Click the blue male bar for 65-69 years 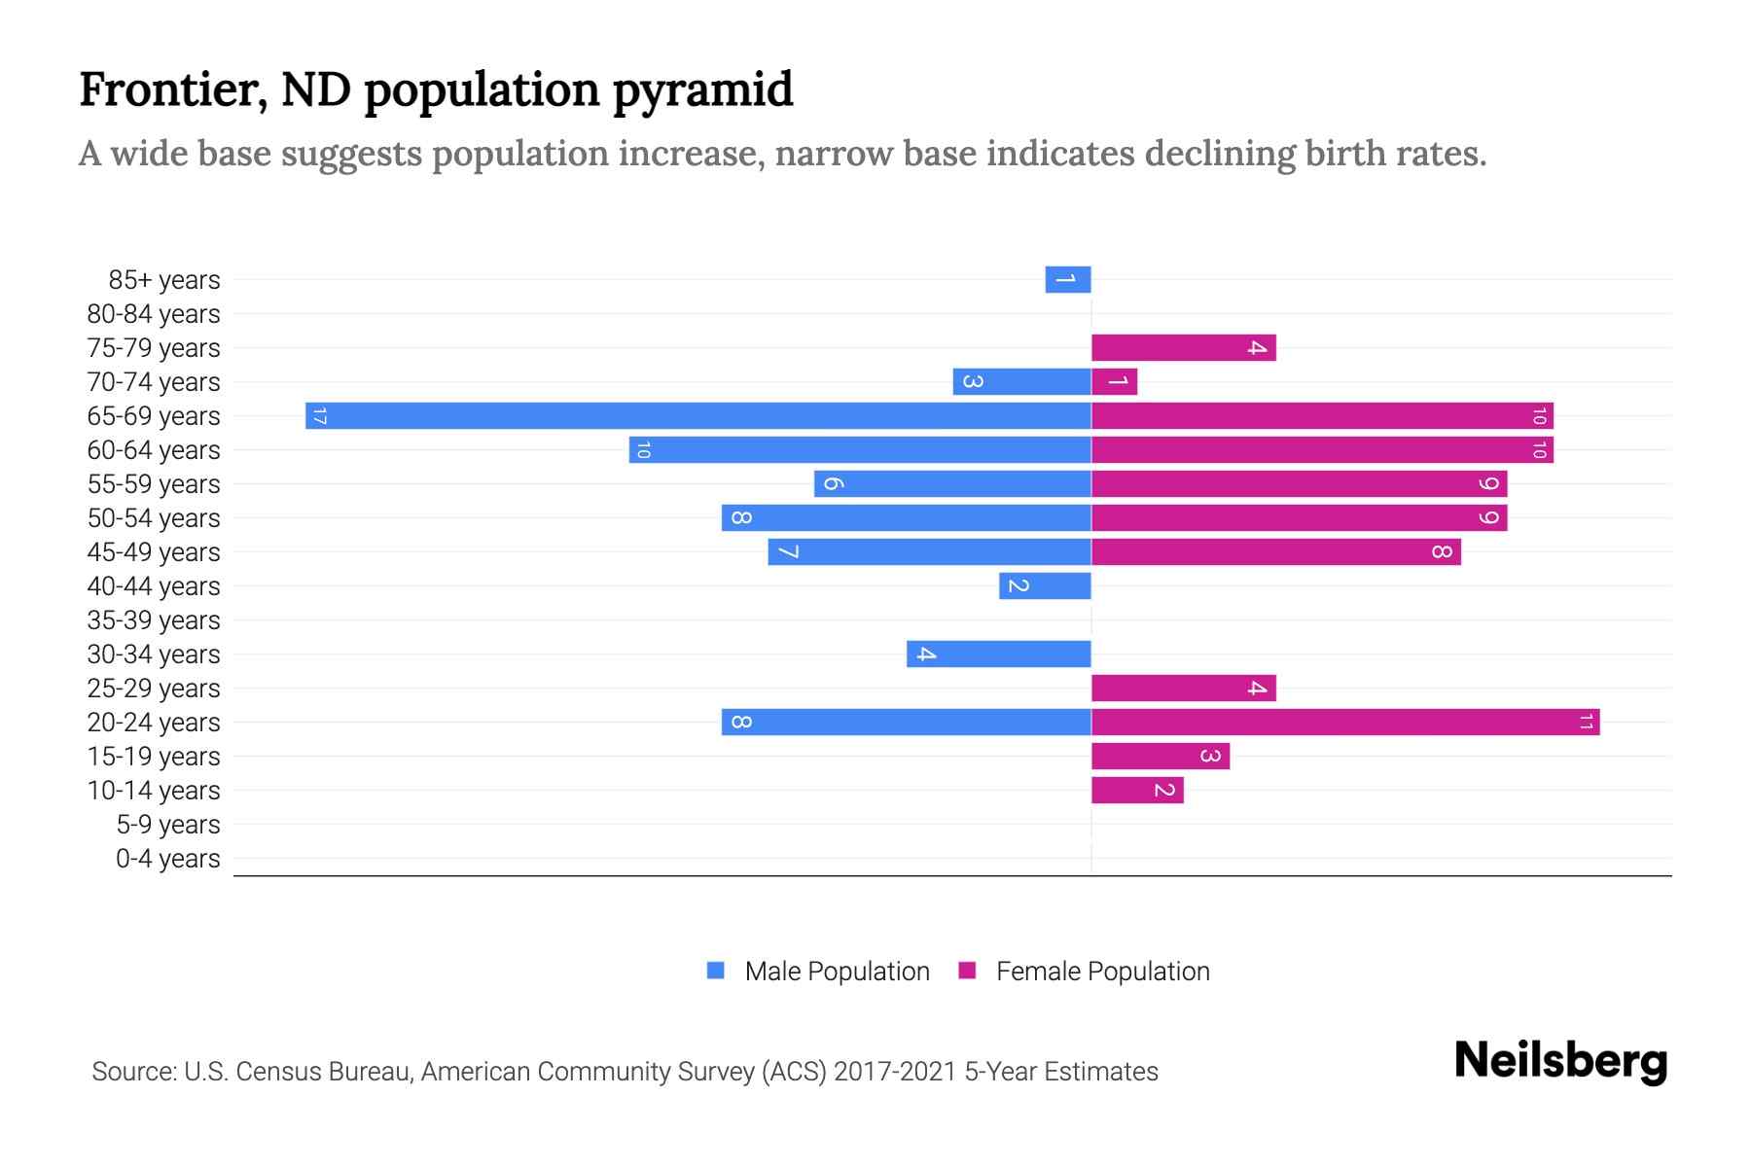point(697,416)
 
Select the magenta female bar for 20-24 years point(1344,723)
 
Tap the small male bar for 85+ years point(1067,280)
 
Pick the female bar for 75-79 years point(1183,348)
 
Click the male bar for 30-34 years point(998,654)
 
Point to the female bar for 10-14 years point(1136,791)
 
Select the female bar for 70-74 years point(1114,382)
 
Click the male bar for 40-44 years point(1045,586)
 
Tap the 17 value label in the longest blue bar point(319,416)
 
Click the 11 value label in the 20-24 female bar point(1586,723)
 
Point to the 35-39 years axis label point(154,620)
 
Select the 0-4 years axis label point(167,859)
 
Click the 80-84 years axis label point(154,314)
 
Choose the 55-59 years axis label point(154,484)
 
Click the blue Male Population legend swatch point(716,971)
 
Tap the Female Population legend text point(1102,972)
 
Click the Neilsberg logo point(1560,1061)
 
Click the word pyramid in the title point(703,90)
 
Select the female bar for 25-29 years point(1183,689)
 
